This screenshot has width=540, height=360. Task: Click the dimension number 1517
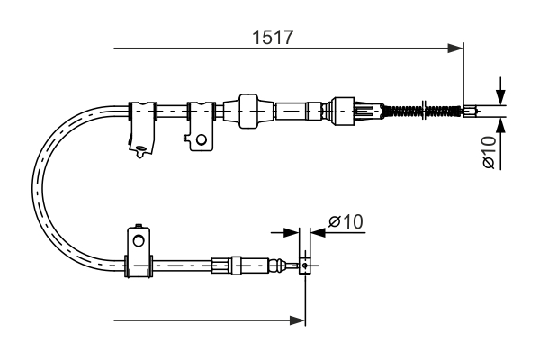click(273, 37)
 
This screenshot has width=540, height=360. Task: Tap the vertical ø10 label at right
click(489, 152)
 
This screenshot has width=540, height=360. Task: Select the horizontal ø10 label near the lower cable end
click(346, 221)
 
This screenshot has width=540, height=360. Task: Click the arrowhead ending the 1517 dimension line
click(455, 49)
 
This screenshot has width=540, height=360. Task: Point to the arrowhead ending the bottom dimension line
click(298, 320)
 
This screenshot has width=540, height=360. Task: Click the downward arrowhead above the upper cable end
click(500, 97)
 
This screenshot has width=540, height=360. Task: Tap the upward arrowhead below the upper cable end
click(500, 125)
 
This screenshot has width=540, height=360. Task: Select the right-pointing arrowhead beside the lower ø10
click(292, 232)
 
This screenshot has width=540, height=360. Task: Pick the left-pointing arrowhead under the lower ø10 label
click(318, 232)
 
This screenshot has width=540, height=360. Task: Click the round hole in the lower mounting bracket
click(139, 240)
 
